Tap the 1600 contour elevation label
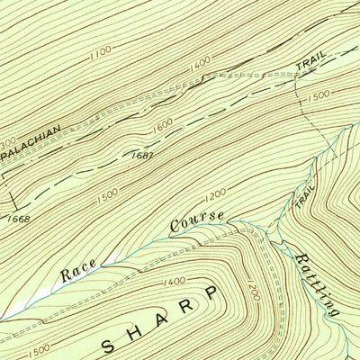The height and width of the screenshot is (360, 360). coord(162,129)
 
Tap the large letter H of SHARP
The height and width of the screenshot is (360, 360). coord(146,328)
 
